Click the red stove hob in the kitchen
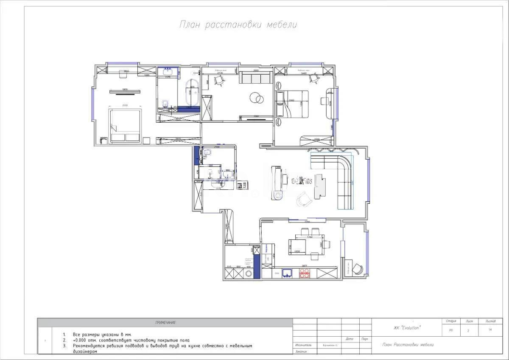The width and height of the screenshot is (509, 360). tap(305, 274)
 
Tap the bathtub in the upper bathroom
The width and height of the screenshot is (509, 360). tap(192, 92)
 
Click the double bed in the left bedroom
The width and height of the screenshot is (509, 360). tap(125, 126)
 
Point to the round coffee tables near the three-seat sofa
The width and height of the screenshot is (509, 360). tap(256, 98)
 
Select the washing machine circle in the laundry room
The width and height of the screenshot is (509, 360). tap(256, 274)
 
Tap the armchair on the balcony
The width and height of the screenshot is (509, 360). tap(358, 269)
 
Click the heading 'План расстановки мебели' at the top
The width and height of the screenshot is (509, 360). tap(238, 25)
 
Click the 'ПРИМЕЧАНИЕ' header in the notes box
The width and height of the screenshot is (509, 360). tap(165, 323)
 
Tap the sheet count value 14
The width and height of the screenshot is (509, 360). tap(490, 329)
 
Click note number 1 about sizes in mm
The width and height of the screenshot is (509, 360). tap(102, 335)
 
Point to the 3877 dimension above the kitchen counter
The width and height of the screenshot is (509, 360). tap(304, 266)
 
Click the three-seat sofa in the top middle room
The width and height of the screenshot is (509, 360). tap(256, 78)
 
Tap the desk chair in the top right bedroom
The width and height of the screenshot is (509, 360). tap(314, 78)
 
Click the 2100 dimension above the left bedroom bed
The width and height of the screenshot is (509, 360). tap(125, 105)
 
